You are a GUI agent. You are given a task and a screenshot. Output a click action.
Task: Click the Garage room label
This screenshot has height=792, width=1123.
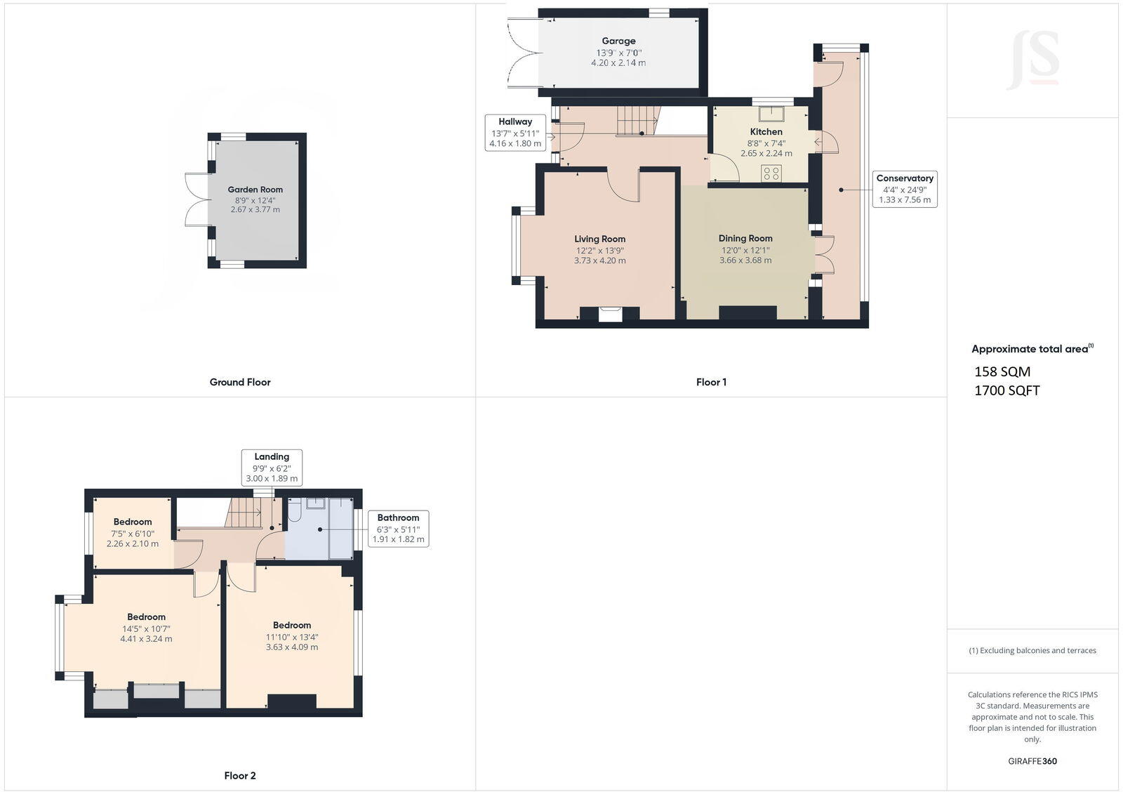[x=618, y=41]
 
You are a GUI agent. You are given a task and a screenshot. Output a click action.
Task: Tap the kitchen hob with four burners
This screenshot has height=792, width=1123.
[x=771, y=173]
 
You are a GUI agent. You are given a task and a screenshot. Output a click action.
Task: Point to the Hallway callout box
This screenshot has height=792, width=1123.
[x=515, y=132]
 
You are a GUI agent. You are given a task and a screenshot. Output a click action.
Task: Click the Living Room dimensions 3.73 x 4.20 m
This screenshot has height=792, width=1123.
[x=599, y=260]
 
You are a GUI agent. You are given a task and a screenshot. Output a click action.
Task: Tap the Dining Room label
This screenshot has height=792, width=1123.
[x=745, y=239]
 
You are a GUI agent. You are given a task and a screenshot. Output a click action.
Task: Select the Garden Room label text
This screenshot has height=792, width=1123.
[x=255, y=190]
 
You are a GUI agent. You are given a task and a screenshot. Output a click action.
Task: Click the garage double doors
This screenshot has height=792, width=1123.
[x=523, y=53]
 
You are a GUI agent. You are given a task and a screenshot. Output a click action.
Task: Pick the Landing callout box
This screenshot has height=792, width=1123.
[x=272, y=467]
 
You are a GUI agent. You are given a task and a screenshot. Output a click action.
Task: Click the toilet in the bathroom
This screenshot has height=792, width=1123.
[x=294, y=511]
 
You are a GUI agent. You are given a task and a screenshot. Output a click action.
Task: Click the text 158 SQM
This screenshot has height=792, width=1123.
[x=1002, y=371]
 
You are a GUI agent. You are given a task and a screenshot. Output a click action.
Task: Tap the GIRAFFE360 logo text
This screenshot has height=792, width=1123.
[x=1032, y=761]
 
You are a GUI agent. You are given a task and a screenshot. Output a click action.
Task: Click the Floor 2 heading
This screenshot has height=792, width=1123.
[x=240, y=776]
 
